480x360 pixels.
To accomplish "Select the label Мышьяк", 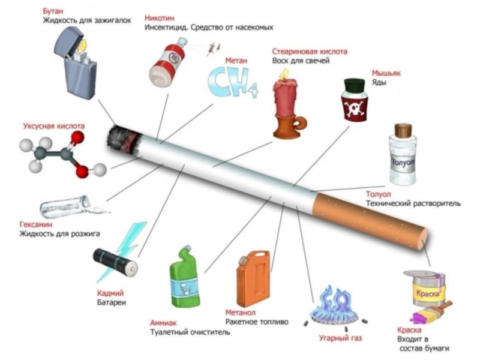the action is coord(386,73).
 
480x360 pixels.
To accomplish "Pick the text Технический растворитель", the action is coord(413,204).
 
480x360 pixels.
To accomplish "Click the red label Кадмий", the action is coord(110,293).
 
